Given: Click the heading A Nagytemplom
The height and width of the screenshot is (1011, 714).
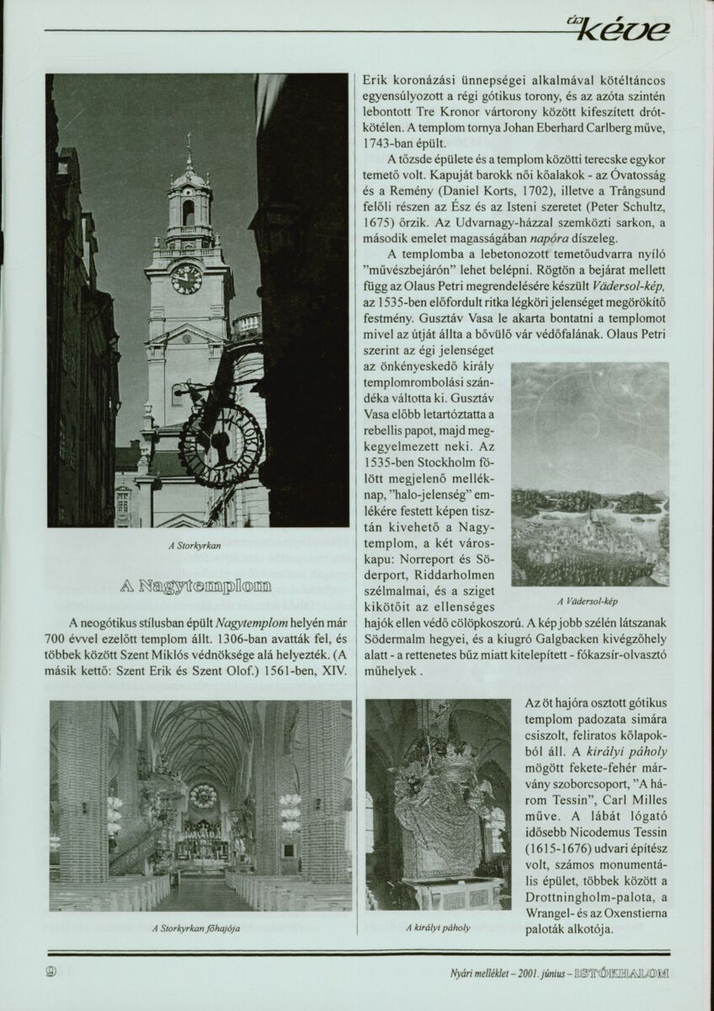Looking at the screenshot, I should click(x=200, y=586).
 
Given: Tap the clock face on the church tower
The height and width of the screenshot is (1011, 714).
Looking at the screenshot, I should click(x=186, y=278).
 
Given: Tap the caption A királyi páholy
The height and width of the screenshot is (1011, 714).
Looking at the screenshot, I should click(x=437, y=928).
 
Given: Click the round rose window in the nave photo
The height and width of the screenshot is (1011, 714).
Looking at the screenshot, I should click(x=203, y=795).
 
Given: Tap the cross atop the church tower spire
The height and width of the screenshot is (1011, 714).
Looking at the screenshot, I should click(x=189, y=138).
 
